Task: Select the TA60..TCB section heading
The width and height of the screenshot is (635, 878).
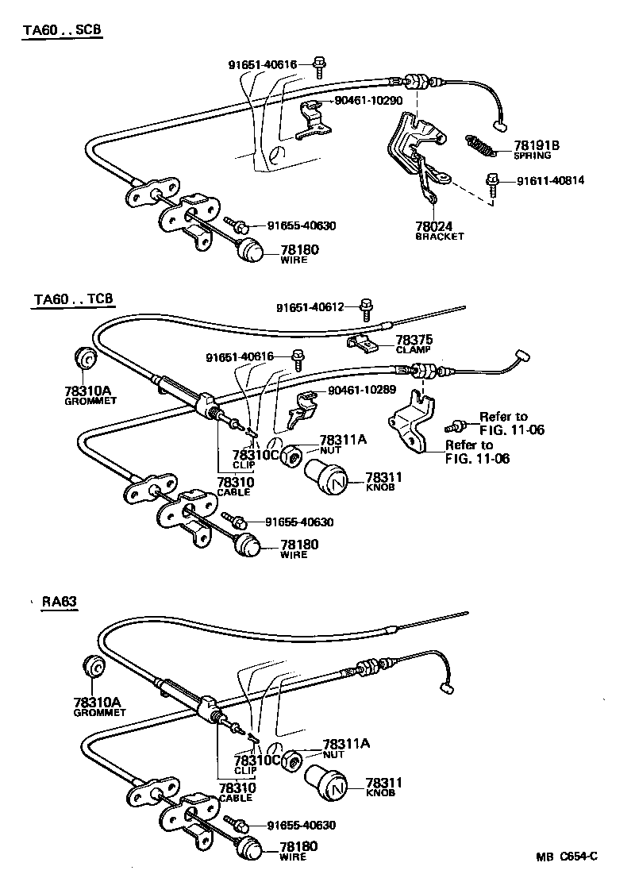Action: [x=74, y=299]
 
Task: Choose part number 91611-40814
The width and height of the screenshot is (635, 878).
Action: [x=550, y=180]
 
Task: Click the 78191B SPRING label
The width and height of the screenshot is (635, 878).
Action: [x=537, y=150]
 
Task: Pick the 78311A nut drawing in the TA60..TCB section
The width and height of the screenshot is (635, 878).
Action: [x=292, y=456]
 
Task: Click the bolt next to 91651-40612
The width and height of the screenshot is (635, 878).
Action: [x=366, y=306]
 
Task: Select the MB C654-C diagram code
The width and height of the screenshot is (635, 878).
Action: [x=565, y=857]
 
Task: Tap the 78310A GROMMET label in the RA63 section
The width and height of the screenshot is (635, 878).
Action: [x=99, y=707]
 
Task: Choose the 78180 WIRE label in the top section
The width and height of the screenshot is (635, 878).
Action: [x=298, y=253]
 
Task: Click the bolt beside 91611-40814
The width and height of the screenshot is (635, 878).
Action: [x=493, y=182]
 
